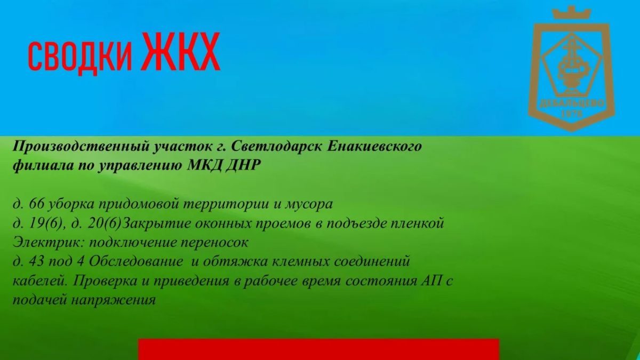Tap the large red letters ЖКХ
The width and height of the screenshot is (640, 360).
click(x=181, y=51)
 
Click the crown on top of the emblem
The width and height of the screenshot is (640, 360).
click(x=571, y=13)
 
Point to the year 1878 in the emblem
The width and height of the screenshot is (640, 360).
click(x=571, y=114)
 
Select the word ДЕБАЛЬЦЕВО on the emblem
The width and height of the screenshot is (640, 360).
click(x=572, y=103)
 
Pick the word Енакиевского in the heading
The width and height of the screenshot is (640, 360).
click(x=374, y=147)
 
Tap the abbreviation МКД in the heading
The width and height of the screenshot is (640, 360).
click(x=204, y=165)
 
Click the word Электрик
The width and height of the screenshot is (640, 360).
click(x=49, y=243)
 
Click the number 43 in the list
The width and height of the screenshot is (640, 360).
click(x=36, y=261)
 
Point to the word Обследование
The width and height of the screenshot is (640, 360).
click(x=135, y=261)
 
